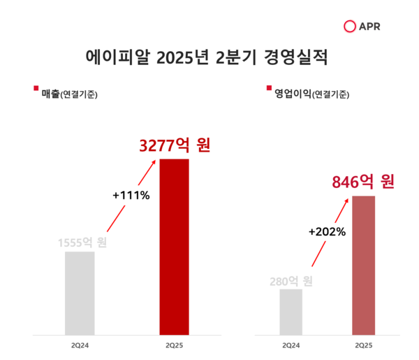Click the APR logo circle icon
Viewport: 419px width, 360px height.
[x=350, y=27]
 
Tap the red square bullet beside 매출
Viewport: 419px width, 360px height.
[x=36, y=89]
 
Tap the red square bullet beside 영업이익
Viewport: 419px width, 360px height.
[x=269, y=89]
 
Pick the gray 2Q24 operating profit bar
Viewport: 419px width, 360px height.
[x=291, y=312]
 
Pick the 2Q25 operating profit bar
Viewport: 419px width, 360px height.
[x=363, y=266]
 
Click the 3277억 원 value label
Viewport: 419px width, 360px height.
[x=175, y=146]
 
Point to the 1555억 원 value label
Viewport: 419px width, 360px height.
[x=82, y=244]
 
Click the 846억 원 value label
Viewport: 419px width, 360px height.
[x=363, y=183]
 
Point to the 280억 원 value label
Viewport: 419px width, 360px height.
[x=291, y=282]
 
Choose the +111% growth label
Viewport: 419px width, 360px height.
[x=131, y=195]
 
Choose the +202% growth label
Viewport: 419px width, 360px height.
[x=327, y=231]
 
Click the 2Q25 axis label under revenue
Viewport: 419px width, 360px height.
[x=175, y=345]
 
